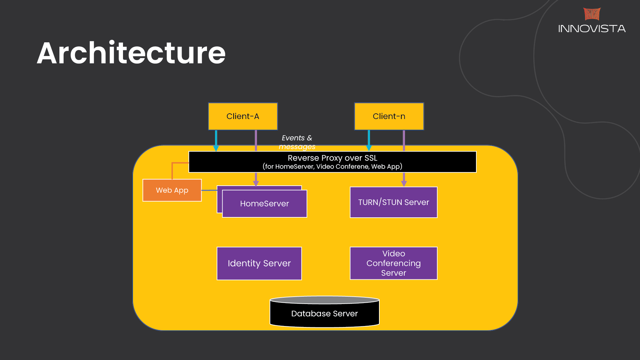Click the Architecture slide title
tap(131, 53)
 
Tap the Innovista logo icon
tap(592, 14)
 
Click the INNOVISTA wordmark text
tap(592, 29)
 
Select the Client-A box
tap(243, 116)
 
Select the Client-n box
tap(389, 116)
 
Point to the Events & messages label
tap(297, 142)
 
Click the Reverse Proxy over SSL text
tap(332, 158)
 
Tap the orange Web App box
tap(172, 190)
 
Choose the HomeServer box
tap(264, 204)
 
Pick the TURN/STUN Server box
tap(393, 202)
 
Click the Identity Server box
tap(259, 263)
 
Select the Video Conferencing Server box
tap(393, 263)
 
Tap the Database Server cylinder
tap(324, 314)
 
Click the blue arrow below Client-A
tap(216, 140)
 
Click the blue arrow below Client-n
tap(369, 140)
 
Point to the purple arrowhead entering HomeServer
tap(256, 183)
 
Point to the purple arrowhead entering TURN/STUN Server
tap(404, 183)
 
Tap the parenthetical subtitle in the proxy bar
tap(332, 166)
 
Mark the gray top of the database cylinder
tap(324, 300)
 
